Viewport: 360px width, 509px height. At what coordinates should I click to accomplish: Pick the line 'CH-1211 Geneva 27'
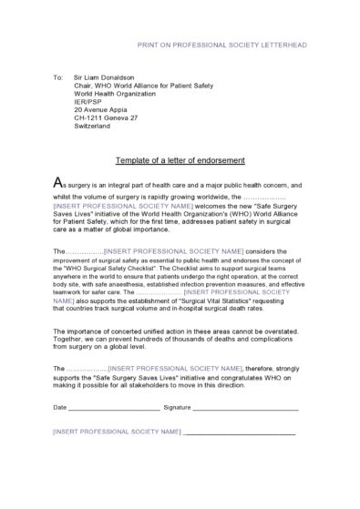(x=105, y=117)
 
